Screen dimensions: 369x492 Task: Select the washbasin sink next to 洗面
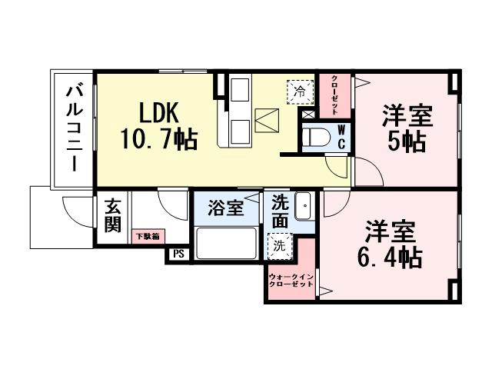click(304, 206)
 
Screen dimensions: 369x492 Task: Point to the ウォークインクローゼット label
click(291, 281)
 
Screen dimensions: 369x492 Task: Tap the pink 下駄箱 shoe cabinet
click(148, 237)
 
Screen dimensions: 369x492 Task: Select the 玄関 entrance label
click(113, 216)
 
